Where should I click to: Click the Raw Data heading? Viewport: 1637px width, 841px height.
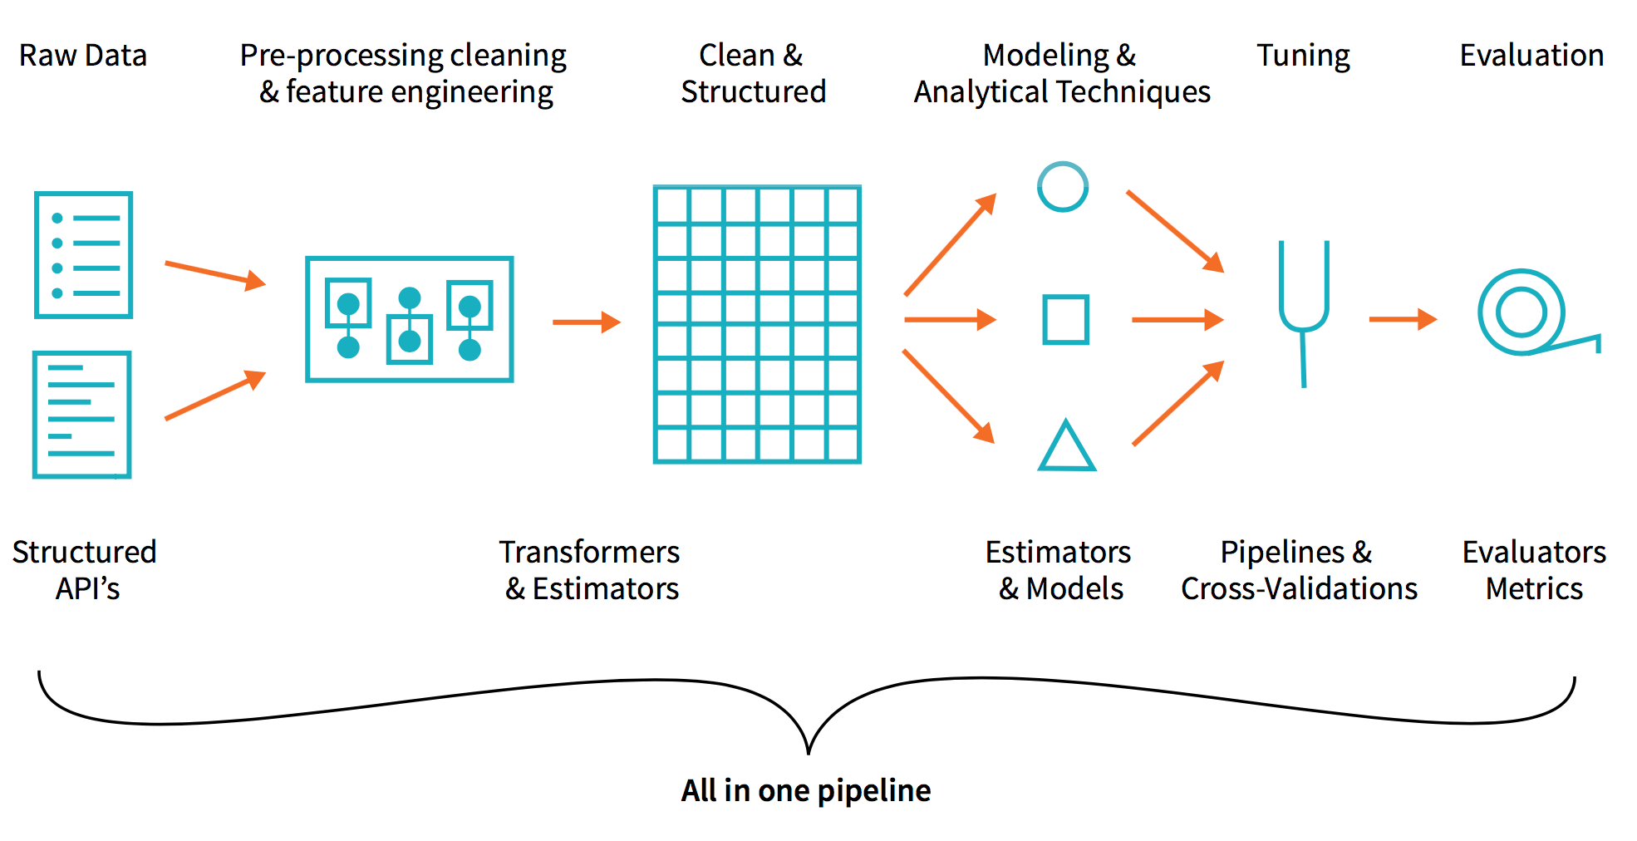coord(83,56)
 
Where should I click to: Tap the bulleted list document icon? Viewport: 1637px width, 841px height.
coord(83,255)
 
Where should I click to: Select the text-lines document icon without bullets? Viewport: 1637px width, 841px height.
coord(81,415)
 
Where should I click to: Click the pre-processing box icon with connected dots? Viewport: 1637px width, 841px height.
coord(410,319)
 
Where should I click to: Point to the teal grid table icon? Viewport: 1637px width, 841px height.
coord(757,324)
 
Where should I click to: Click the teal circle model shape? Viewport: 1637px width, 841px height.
coord(1063,187)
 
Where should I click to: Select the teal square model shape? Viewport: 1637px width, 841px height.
coord(1066,319)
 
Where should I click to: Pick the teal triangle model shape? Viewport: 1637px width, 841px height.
coord(1067,447)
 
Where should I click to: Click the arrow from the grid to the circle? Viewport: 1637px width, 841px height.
coord(950,244)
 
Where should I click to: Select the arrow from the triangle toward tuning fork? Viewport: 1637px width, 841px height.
coord(1177,403)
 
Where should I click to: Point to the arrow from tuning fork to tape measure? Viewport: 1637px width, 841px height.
coord(1403,319)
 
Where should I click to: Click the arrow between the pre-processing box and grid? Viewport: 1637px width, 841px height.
coord(587,322)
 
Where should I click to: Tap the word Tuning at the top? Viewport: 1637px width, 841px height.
coord(1303,56)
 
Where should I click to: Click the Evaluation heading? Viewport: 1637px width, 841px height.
coord(1531,56)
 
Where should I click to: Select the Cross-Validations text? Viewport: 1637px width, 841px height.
coord(1299,589)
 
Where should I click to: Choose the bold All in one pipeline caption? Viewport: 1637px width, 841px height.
coord(806,790)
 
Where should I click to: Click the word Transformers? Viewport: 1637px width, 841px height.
coord(589,553)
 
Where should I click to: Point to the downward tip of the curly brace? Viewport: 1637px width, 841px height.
coord(809,752)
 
